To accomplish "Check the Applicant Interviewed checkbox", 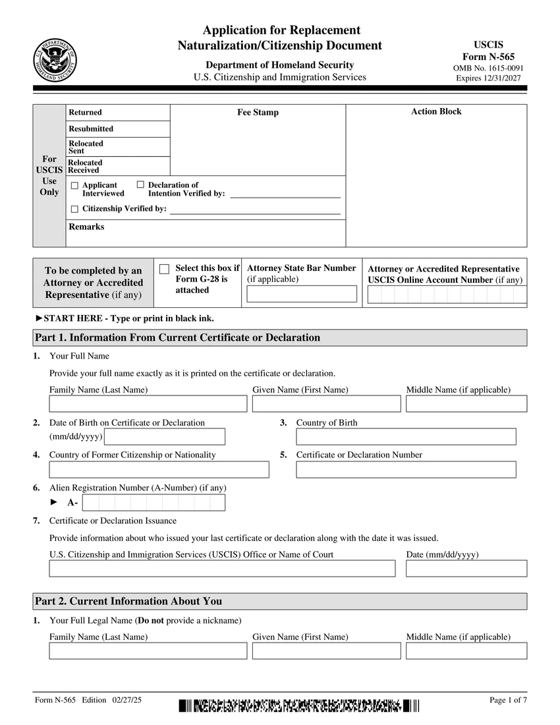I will (x=74, y=186).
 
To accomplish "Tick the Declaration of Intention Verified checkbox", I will (x=140, y=185).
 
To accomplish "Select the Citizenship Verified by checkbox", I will (x=74, y=209).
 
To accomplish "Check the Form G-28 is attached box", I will (x=165, y=269).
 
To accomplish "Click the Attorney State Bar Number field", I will (x=302, y=294).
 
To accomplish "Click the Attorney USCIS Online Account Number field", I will (x=447, y=295).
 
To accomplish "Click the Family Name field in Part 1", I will (x=148, y=404).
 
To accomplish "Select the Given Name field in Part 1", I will (x=326, y=404).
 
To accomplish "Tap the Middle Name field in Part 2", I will (x=466, y=651).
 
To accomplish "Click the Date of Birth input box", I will (x=165, y=437).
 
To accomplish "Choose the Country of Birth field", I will (x=406, y=437).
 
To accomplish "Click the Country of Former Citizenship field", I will (x=159, y=469).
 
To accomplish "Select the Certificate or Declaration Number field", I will (x=406, y=469).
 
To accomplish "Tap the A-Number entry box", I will (x=154, y=503).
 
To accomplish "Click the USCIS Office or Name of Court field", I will (x=222, y=568).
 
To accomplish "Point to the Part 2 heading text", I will (x=128, y=601).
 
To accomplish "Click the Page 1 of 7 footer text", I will (x=508, y=700).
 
